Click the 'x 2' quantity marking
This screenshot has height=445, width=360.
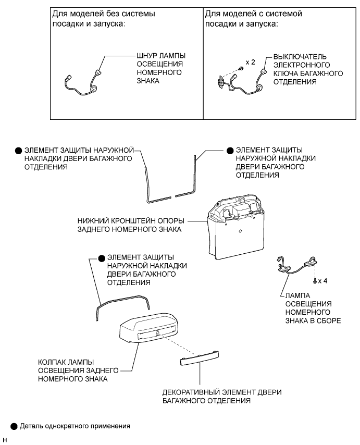tap(250, 62)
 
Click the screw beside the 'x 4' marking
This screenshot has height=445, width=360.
tap(315, 280)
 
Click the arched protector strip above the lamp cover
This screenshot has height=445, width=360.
tap(123, 303)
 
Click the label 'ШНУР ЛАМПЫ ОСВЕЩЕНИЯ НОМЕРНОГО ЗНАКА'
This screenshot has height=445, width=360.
tap(160, 68)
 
